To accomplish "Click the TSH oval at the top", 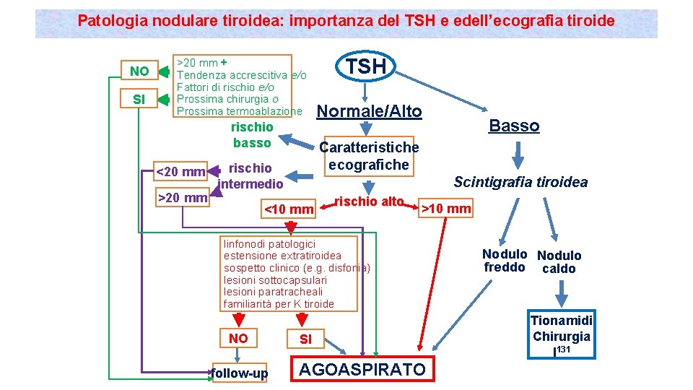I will [365, 66].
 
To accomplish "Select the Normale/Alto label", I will [370, 111].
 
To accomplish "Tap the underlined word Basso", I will [514, 126].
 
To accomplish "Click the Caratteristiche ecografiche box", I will [369, 156].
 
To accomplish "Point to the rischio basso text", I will [252, 135].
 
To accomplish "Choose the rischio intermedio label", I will [250, 176].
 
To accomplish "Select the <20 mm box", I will [181, 172].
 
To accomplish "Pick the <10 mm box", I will [289, 210].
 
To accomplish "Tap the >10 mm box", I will [445, 209].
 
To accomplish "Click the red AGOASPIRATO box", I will [362, 370].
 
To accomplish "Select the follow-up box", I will [239, 373].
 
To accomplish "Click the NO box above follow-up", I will [238, 338].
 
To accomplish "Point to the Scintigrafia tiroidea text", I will [520, 182].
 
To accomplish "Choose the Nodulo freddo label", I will [504, 261].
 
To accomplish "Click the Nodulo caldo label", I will [559, 262].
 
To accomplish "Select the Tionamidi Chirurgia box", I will [561, 328].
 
